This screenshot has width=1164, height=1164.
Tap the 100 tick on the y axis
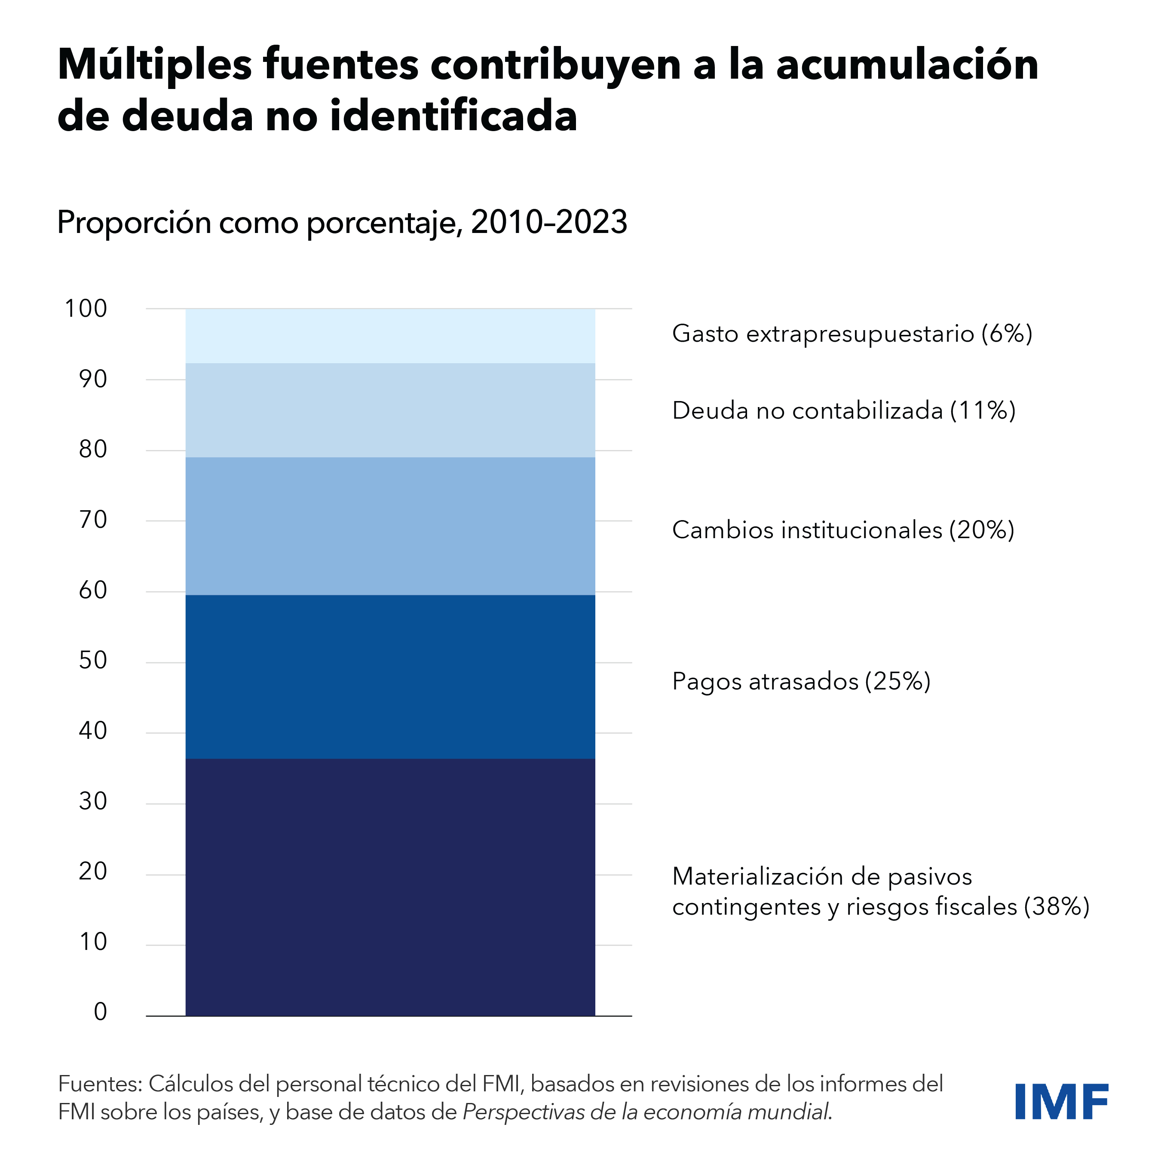point(86,309)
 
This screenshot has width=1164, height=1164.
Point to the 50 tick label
point(93,661)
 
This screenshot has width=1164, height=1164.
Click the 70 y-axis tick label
point(93,520)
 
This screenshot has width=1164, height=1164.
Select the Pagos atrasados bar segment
point(390,677)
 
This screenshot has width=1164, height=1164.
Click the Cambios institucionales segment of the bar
point(390,526)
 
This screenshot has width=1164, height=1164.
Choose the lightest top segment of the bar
point(390,336)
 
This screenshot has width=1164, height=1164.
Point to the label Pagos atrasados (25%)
point(801,681)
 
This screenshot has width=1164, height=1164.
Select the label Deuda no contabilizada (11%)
point(843,411)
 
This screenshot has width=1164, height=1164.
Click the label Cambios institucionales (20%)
point(843,530)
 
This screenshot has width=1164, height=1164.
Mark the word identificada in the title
point(453,116)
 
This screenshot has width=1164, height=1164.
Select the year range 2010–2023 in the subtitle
point(549,222)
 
